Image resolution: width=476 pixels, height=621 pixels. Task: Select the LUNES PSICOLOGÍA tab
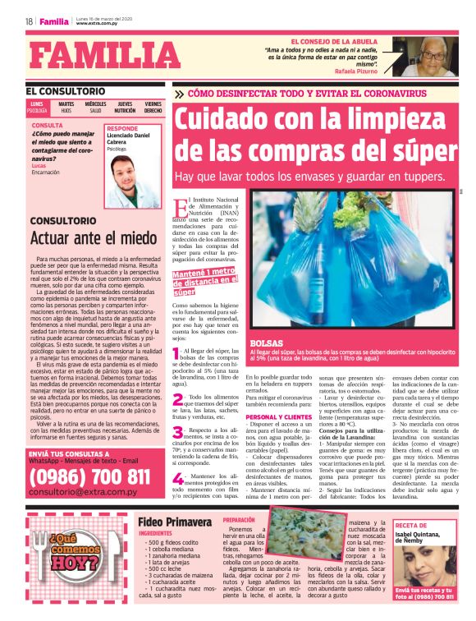38,108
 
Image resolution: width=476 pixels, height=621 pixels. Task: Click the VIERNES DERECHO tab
153,108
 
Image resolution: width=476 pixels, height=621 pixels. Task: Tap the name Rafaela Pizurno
355,71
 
